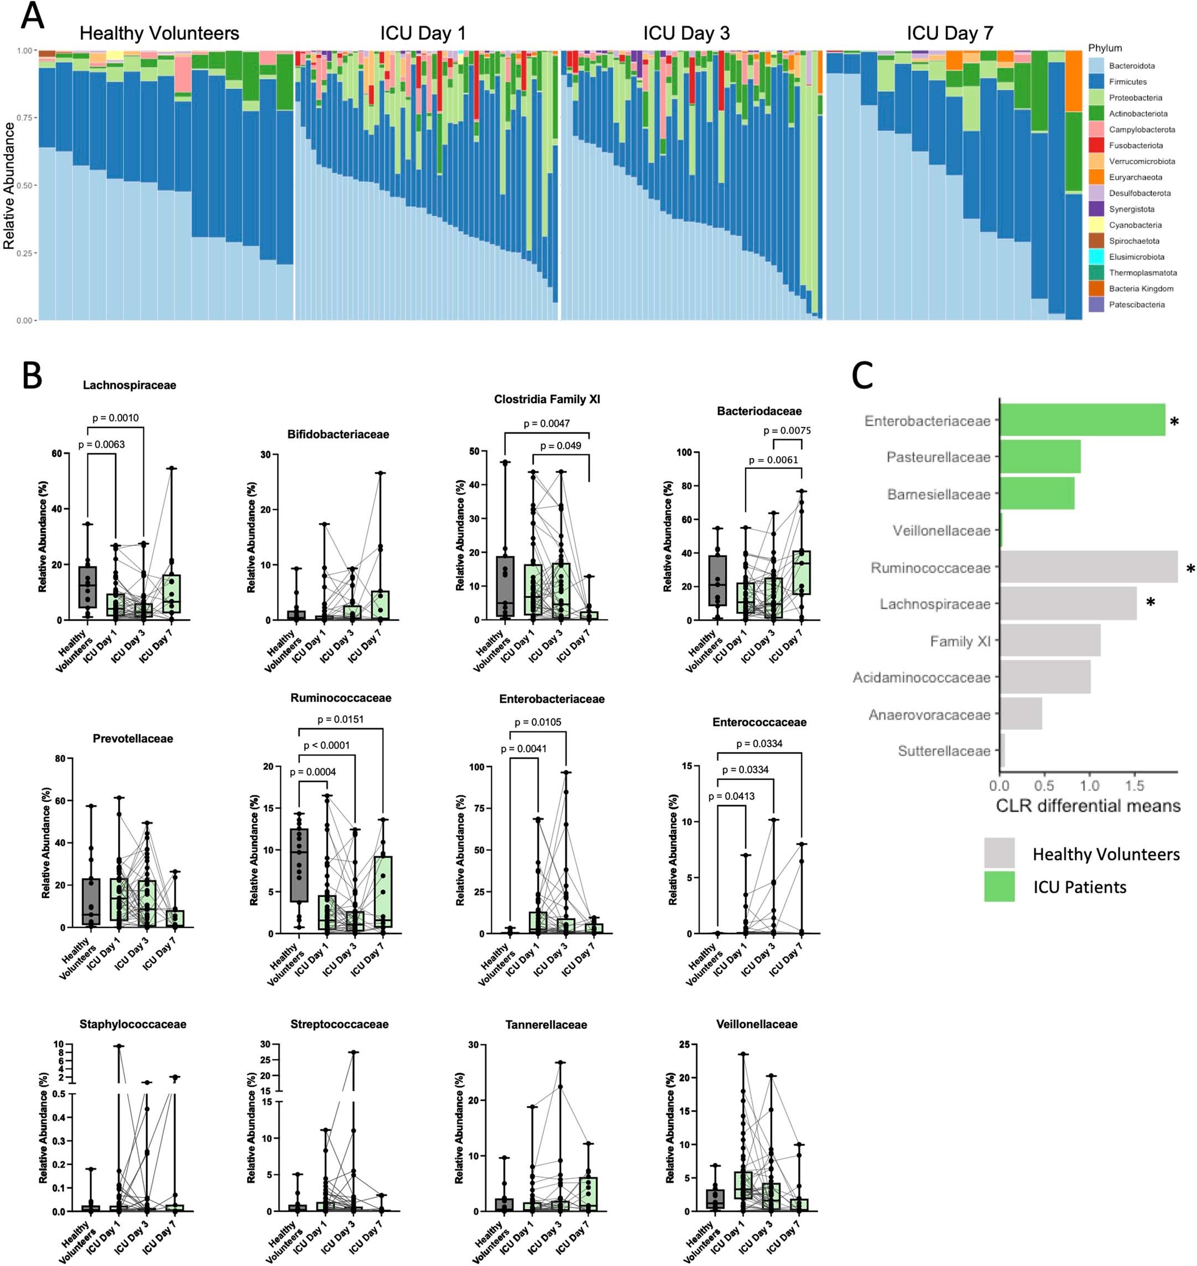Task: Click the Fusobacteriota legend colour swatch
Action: (x=1096, y=145)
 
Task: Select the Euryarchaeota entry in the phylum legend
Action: (x=1135, y=178)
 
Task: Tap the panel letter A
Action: (x=33, y=17)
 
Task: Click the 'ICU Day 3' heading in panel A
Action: (x=686, y=33)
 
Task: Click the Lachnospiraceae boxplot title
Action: (x=129, y=385)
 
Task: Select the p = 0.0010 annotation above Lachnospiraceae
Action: (x=116, y=418)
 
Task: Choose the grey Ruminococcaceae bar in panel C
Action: (x=1088, y=567)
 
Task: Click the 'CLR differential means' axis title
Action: (x=1088, y=806)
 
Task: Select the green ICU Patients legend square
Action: (x=999, y=887)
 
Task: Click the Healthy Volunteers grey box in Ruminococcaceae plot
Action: (x=299, y=864)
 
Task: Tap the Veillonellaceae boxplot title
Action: (x=756, y=1024)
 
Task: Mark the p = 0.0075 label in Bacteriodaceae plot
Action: (x=787, y=431)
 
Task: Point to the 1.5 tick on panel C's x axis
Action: (x=1134, y=786)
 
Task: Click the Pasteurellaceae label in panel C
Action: (x=938, y=457)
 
